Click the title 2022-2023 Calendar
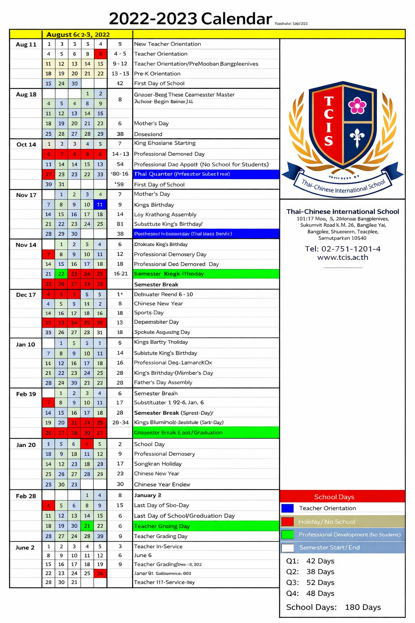click(x=190, y=19)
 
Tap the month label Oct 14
click(x=26, y=144)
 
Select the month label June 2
click(x=25, y=548)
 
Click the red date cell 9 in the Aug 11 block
click(x=101, y=54)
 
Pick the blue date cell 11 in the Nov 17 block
click(x=100, y=204)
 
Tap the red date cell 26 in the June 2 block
click(x=100, y=573)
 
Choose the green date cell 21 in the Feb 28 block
click(x=87, y=526)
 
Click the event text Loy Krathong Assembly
click(x=165, y=215)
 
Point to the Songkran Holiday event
click(x=158, y=464)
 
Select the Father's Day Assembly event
click(x=163, y=382)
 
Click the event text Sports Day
click(x=149, y=313)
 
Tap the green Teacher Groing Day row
click(x=206, y=526)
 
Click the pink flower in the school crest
click(x=357, y=105)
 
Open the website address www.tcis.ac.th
click(x=342, y=258)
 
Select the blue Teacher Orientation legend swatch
click(x=287, y=508)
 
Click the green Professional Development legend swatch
click(x=287, y=535)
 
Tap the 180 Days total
click(x=363, y=607)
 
